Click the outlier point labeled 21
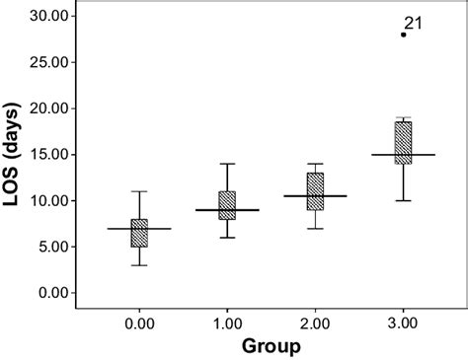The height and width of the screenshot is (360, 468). click(x=403, y=35)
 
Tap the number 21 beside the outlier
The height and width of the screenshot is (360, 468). click(x=414, y=23)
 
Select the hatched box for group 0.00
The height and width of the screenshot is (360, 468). click(x=139, y=234)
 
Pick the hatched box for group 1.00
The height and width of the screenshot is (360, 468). click(x=227, y=205)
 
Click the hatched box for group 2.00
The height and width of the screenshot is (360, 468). click(x=315, y=190)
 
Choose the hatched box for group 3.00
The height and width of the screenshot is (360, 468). click(x=403, y=142)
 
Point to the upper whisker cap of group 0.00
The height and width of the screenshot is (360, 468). click(x=139, y=191)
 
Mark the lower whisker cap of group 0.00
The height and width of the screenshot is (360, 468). click(x=139, y=265)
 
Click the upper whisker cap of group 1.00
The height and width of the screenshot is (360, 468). click(x=227, y=164)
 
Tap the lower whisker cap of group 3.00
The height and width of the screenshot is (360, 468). click(x=403, y=200)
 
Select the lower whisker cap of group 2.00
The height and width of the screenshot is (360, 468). click(x=315, y=228)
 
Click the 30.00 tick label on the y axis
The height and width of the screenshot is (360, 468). click(x=49, y=17)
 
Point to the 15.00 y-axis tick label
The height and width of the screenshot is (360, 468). click(x=49, y=155)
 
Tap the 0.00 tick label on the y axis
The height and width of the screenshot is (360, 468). click(x=53, y=293)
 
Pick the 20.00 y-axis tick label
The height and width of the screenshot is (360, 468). click(x=49, y=108)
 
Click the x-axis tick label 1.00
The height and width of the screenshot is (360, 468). click(x=227, y=323)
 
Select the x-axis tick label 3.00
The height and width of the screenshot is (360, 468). click(x=403, y=323)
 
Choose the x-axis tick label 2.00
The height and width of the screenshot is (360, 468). click(x=315, y=323)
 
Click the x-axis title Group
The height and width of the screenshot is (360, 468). click(x=271, y=346)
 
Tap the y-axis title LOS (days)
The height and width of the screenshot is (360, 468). click(x=15, y=154)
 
